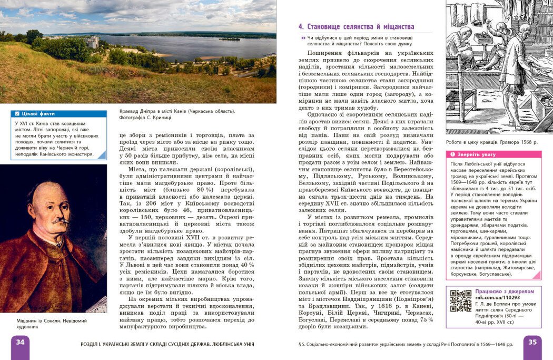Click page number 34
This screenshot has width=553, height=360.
20,343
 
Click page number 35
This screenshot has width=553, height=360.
532,343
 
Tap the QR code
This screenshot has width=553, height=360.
460,300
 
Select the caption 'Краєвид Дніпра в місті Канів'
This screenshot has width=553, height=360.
171,111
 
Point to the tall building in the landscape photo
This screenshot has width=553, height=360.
93,42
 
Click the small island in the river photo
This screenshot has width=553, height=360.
230,38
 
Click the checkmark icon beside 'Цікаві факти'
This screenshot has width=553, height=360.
17,113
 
